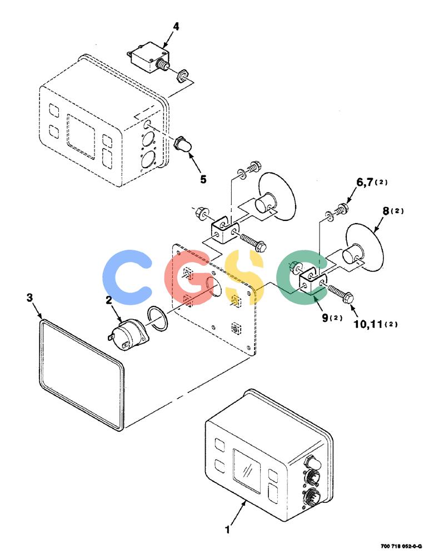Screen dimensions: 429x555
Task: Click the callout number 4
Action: pyautogui.click(x=176, y=27)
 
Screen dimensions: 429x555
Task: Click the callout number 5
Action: pyautogui.click(x=203, y=179)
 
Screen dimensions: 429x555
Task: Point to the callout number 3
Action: pyautogui.click(x=30, y=297)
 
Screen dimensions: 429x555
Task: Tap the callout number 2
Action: pyautogui.click(x=109, y=300)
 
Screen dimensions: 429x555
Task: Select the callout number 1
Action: pyautogui.click(x=227, y=530)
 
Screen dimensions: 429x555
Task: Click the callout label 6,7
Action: pyautogui.click(x=365, y=182)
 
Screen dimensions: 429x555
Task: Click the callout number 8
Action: pyautogui.click(x=386, y=211)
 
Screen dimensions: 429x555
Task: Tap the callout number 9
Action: pyautogui.click(x=325, y=317)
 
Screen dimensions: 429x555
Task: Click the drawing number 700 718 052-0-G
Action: pyautogui.click(x=401, y=546)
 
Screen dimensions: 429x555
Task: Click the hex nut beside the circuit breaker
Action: pyautogui.click(x=182, y=75)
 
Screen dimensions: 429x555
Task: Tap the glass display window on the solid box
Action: pyautogui.click(x=246, y=471)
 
